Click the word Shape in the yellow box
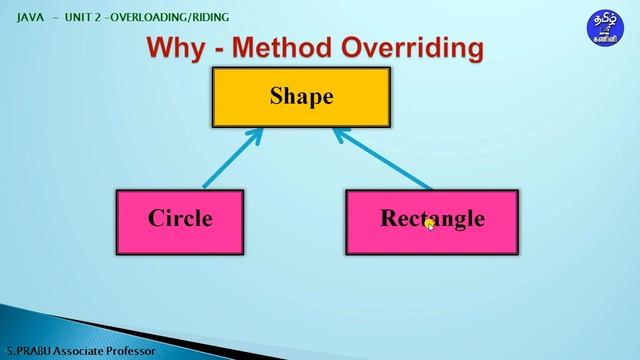[300, 97]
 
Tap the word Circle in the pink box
[180, 218]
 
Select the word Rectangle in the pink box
[432, 218]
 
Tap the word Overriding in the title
[413, 47]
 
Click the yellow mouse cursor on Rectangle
[430, 225]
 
